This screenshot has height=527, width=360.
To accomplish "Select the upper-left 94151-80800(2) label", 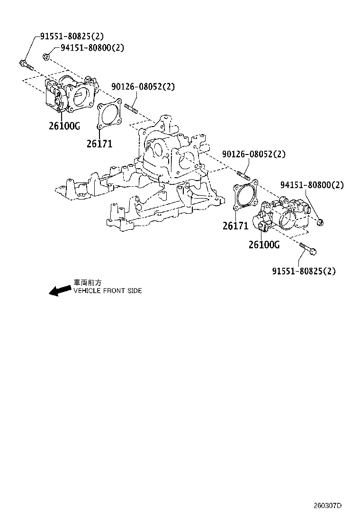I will coord(92,48).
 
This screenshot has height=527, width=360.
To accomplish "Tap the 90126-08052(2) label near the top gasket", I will coord(143,87).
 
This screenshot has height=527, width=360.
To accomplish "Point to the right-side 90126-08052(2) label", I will coord(254,154).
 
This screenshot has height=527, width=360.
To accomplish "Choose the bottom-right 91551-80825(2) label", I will coord(304,271).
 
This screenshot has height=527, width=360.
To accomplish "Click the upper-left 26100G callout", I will coord(64,126).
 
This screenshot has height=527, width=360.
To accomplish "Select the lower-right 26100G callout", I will coord(264,245).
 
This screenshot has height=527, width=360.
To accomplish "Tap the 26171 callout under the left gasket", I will coord(99,143).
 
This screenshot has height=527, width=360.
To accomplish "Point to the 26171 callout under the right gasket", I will coord(235,226).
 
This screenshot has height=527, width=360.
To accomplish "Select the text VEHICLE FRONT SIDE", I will coord(108,291).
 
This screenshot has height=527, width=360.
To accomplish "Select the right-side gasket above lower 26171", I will coord(246,195).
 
